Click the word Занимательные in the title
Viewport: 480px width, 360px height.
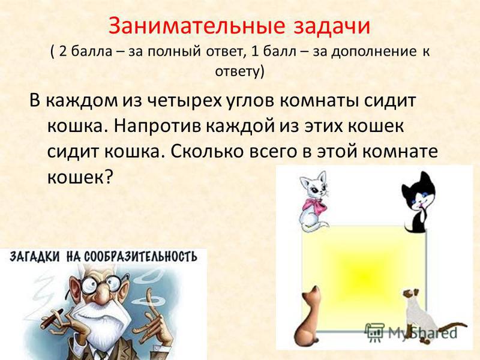[x=197, y=26]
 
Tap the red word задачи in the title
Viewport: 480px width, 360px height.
[x=332, y=26]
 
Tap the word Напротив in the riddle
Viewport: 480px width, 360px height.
[x=157, y=126]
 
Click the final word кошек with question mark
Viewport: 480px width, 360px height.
[x=79, y=176]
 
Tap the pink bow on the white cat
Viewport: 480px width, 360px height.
[x=313, y=206]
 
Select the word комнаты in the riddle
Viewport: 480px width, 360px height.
[x=319, y=101]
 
